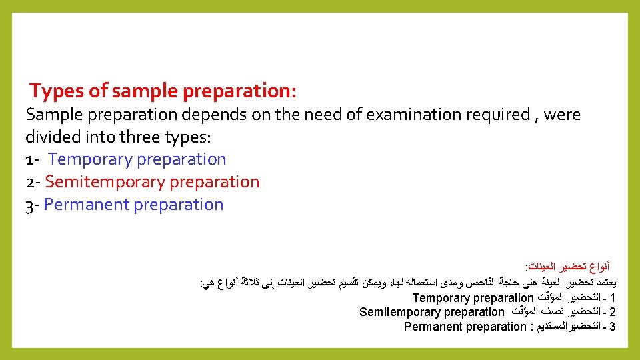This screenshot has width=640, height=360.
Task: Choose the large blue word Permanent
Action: click(x=86, y=205)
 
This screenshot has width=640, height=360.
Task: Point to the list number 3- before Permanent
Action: click(x=33, y=205)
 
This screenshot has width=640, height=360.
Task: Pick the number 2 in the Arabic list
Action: click(x=612, y=312)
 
